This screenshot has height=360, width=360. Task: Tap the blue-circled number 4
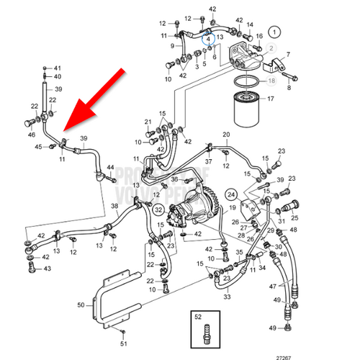tap(209, 38)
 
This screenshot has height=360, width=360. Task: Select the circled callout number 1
tap(274, 32)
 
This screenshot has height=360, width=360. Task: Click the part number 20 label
tap(225, 135)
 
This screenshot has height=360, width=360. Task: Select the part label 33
tap(226, 296)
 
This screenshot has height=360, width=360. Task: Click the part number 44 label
tap(111, 168)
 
